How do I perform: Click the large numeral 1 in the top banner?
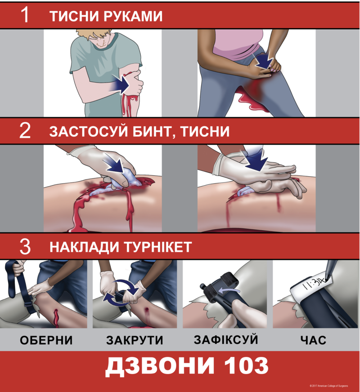[25, 15]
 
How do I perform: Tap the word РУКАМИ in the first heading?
[133, 16]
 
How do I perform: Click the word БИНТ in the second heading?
[155, 132]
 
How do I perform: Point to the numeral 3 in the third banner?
[25, 246]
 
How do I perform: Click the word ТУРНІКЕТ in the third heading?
[158, 247]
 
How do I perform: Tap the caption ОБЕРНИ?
[46, 340]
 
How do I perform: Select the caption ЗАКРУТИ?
[135, 340]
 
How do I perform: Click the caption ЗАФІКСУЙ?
[226, 339]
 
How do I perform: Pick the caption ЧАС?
[313, 340]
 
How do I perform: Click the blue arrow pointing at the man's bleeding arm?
[119, 84]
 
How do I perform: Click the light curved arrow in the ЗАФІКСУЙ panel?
[229, 290]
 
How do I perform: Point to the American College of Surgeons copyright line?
[328, 386]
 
